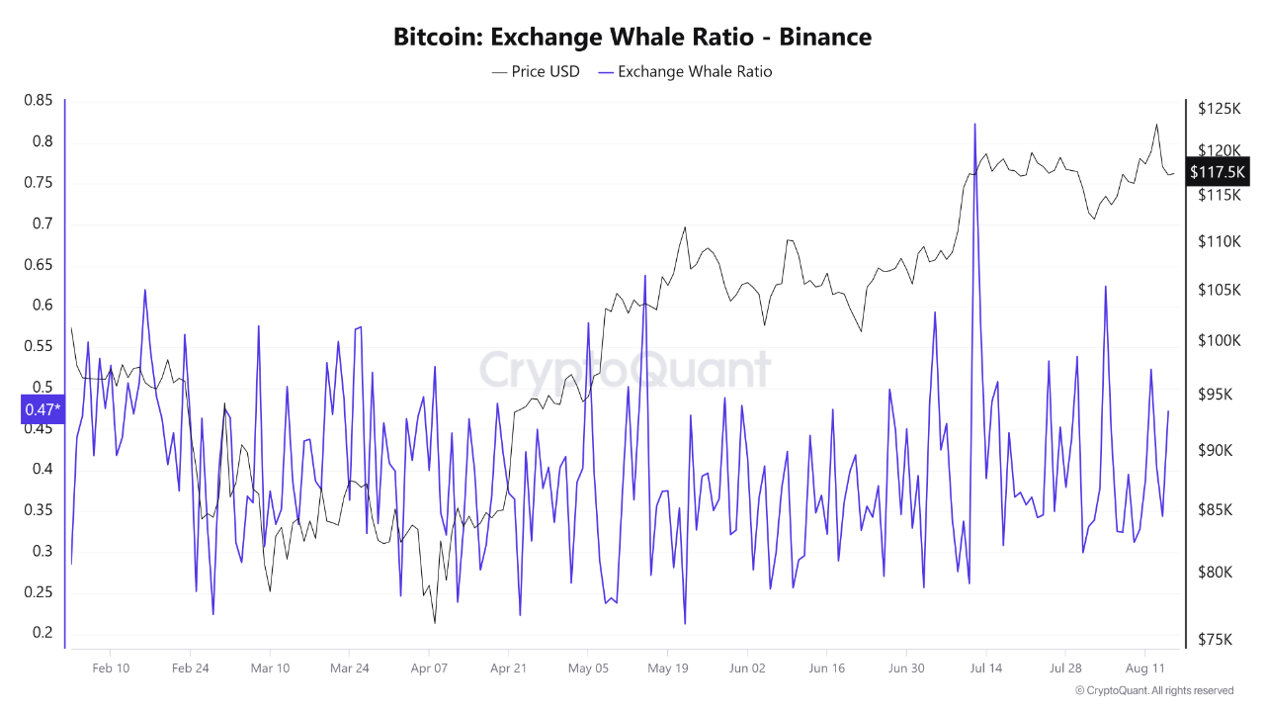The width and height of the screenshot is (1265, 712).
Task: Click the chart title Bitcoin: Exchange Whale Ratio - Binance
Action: pos(632,38)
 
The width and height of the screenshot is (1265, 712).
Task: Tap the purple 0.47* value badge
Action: pos(42,409)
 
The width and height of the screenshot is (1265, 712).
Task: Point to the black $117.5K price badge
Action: pos(1219,172)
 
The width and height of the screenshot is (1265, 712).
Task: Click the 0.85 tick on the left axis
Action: pos(39,100)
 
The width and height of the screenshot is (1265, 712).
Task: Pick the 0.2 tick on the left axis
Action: pos(42,633)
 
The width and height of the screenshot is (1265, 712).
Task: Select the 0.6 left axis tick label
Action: pos(42,305)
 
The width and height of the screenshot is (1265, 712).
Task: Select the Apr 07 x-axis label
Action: pos(428,668)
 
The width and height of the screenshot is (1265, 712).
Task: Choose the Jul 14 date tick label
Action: pos(985,668)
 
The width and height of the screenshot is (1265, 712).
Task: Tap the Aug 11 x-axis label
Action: pos(1144,668)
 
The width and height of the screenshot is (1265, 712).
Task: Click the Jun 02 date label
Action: pos(746,668)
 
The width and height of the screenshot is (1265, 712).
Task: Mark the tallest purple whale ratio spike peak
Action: pos(974,124)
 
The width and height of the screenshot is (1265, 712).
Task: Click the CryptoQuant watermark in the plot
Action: pos(625,370)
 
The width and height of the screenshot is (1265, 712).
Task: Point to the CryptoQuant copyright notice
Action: pos(1153,690)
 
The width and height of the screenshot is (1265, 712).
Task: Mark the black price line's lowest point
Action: pos(434,623)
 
